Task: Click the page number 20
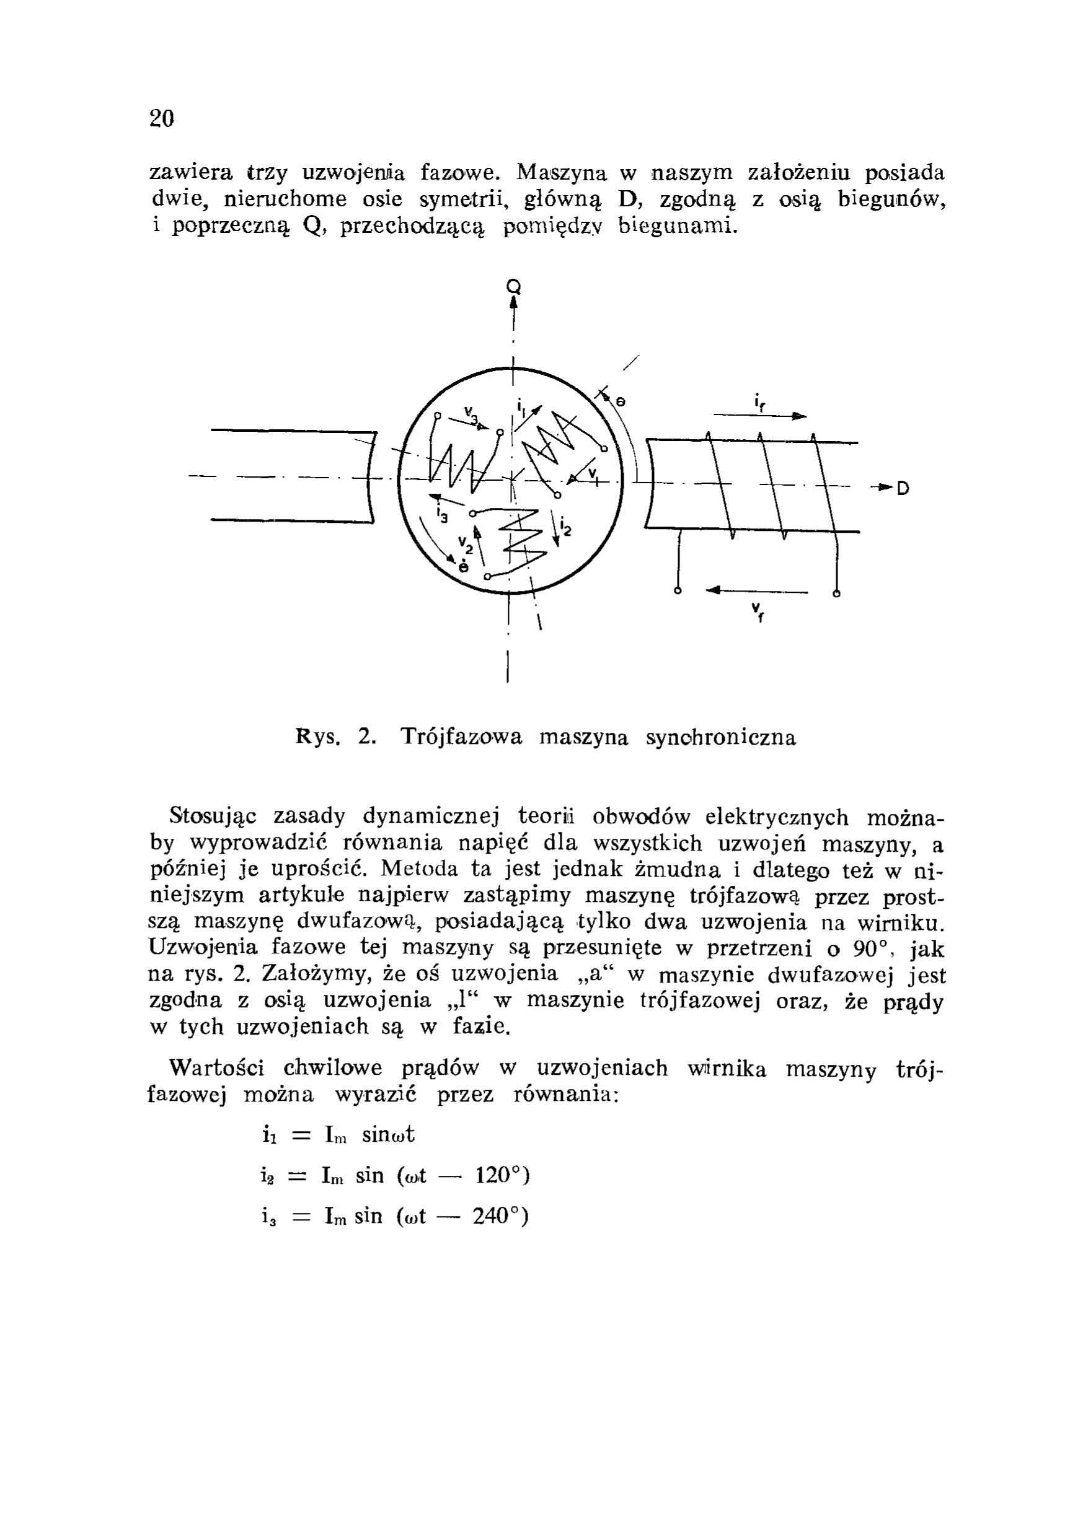162,118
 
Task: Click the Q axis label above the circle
514,286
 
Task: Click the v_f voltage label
758,611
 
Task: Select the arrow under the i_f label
759,416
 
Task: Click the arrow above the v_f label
757,591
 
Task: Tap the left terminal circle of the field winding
678,592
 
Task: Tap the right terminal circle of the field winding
836,592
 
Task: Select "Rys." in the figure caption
317,738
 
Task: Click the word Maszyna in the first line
562,173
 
